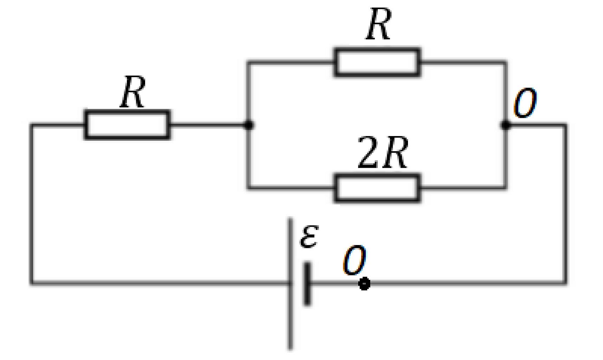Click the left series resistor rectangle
pyautogui.click(x=127, y=125)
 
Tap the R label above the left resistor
pyautogui.click(x=132, y=92)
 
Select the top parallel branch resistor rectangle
pyautogui.click(x=377, y=62)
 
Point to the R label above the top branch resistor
pyautogui.click(x=378, y=24)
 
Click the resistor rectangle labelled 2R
pyautogui.click(x=377, y=188)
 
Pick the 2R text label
pyautogui.click(x=383, y=153)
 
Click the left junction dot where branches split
pyautogui.click(x=249, y=125)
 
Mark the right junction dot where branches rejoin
pyautogui.click(x=506, y=125)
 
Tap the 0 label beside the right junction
pyautogui.click(x=525, y=102)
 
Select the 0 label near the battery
pyautogui.click(x=355, y=260)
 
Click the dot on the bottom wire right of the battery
pyautogui.click(x=364, y=283)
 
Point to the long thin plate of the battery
pyautogui.click(x=291, y=284)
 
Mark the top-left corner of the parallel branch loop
pyautogui.click(x=249, y=63)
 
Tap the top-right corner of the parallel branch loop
pyautogui.click(x=506, y=63)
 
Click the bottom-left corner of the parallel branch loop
pyautogui.click(x=249, y=188)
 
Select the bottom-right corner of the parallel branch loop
pyautogui.click(x=506, y=188)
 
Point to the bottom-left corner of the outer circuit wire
pyautogui.click(x=32, y=282)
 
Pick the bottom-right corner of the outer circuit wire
pyautogui.click(x=565, y=282)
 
